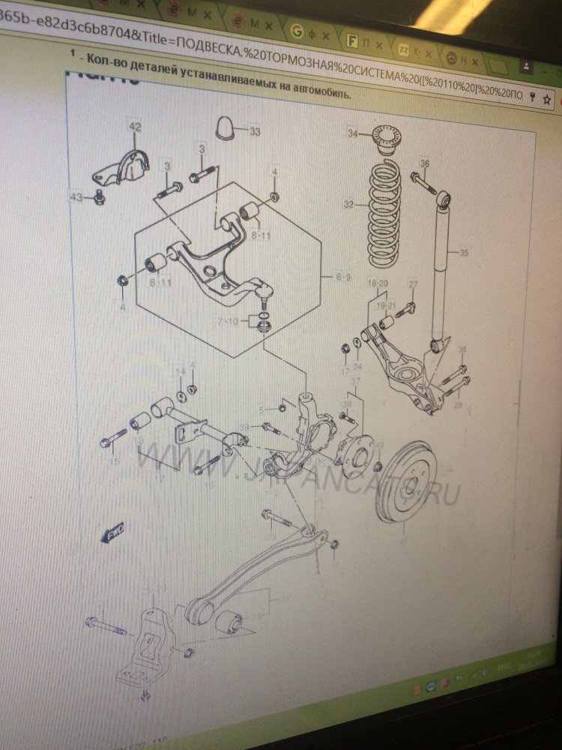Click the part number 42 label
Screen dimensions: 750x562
pos(134,127)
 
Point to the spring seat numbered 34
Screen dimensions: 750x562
pos(387,140)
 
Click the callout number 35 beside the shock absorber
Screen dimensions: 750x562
pos(464,253)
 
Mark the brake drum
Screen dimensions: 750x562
pos(408,481)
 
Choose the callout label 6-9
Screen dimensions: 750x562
pos(343,277)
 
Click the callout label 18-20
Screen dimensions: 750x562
pos(379,283)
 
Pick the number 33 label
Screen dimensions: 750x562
pos(255,132)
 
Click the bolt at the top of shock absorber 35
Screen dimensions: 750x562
pos(423,181)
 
